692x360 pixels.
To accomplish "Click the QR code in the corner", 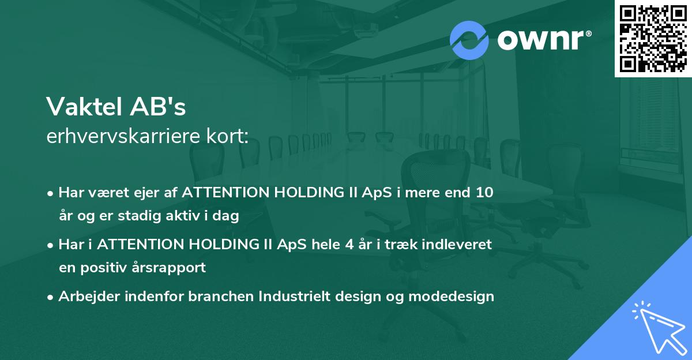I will click(x=653, y=38).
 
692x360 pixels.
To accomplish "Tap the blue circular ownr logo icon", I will click(x=469, y=40).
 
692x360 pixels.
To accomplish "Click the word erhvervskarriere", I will click(x=123, y=137).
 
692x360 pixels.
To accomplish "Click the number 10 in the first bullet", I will click(x=484, y=193).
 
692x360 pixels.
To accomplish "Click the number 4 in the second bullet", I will click(x=349, y=245).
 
